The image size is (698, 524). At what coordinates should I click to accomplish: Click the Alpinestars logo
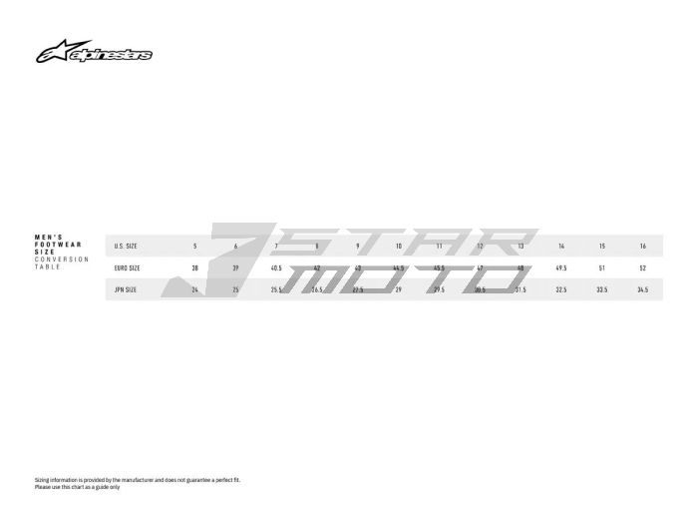click(95, 53)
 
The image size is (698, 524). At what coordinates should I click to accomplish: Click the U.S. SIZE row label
click(126, 246)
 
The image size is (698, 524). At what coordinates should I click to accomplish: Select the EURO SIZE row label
click(127, 267)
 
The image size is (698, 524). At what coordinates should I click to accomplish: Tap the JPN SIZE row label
click(126, 289)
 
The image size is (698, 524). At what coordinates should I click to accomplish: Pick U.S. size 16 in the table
click(642, 246)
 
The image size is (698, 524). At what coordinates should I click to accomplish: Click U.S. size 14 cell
click(561, 246)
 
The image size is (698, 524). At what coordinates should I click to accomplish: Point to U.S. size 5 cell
click(194, 246)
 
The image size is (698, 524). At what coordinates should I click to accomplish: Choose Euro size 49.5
click(561, 267)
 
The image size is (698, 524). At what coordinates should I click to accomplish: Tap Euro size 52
click(642, 267)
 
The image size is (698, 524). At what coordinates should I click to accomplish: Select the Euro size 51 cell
click(601, 267)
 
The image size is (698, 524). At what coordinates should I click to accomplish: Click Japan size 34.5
click(642, 289)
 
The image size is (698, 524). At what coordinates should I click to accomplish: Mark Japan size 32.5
click(561, 289)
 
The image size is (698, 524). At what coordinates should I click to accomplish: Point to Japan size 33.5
click(601, 289)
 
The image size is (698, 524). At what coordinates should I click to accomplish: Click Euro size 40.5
click(276, 267)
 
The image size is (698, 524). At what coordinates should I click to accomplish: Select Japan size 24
click(194, 289)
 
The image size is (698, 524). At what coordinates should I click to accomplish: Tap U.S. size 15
click(601, 246)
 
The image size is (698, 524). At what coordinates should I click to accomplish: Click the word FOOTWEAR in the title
click(58, 245)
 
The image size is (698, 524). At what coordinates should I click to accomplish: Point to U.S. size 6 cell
click(235, 246)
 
